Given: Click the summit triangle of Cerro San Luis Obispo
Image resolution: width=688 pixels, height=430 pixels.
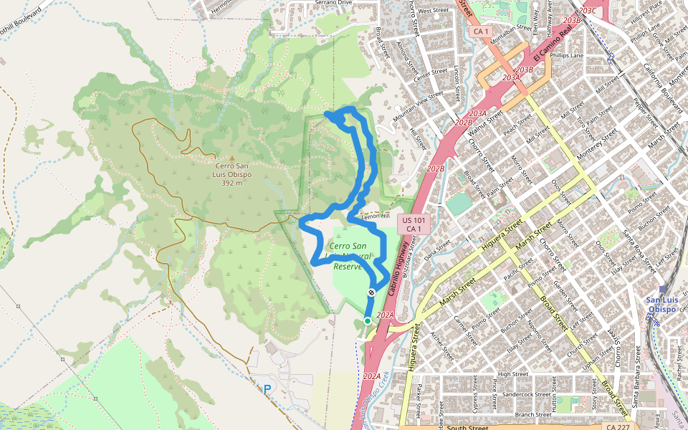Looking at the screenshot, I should pyautogui.click(x=231, y=158).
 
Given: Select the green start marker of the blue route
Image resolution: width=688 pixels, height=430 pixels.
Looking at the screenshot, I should pyautogui.click(x=368, y=321).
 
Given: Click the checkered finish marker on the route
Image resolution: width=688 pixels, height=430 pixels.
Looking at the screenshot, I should pyautogui.click(x=371, y=292).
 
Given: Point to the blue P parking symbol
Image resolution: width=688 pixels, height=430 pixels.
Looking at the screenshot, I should pyautogui.click(x=267, y=389).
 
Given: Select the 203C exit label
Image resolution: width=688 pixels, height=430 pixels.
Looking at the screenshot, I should pyautogui.click(x=587, y=10).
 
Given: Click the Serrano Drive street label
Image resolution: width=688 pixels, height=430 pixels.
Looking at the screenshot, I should pyautogui.click(x=333, y=3).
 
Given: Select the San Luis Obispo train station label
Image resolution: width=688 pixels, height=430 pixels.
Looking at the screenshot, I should pyautogui.click(x=667, y=305).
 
